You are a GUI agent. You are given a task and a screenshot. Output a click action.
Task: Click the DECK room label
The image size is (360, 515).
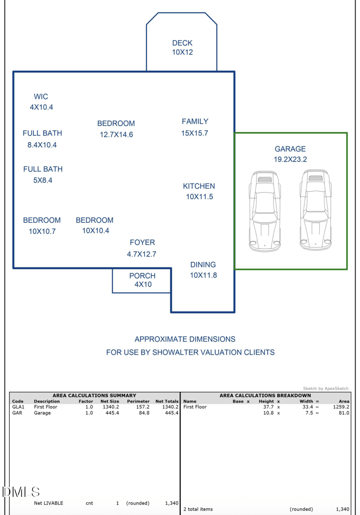(x=182, y=43)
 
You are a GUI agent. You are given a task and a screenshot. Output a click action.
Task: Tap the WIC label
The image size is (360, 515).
(x=41, y=97)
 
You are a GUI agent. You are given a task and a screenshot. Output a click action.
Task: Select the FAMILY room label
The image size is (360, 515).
(x=195, y=121)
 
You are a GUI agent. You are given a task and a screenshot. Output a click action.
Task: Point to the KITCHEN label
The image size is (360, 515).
(x=199, y=186)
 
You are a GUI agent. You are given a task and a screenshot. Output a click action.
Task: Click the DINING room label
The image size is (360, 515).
(x=203, y=265)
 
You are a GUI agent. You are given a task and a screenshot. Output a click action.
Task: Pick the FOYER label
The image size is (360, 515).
(x=142, y=242)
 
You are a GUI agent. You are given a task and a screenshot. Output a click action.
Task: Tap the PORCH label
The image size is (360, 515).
(x=142, y=276)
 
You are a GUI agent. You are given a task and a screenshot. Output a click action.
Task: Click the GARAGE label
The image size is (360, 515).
(x=290, y=149)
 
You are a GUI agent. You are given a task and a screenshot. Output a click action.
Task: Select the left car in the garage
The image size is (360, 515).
(x=265, y=210)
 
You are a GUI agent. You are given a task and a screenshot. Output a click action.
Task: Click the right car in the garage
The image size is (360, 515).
(x=316, y=210)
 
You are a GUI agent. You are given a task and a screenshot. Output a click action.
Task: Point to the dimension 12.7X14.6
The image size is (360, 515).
(x=117, y=134)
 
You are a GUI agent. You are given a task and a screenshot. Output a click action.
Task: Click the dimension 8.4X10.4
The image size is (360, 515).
(x=42, y=145)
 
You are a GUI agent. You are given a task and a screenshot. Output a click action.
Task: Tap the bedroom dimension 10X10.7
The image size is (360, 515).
(x=42, y=232)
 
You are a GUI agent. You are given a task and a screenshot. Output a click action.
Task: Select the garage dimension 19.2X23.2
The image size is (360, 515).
(x=290, y=160)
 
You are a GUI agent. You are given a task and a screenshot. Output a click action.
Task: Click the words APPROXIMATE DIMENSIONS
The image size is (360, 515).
(x=185, y=339)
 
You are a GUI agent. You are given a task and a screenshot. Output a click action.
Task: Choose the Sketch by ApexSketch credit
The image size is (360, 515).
(x=325, y=388)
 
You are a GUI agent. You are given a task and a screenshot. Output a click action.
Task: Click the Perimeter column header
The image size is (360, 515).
(x=138, y=401)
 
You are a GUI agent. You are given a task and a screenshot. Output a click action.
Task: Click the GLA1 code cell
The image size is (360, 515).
(x=18, y=407)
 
